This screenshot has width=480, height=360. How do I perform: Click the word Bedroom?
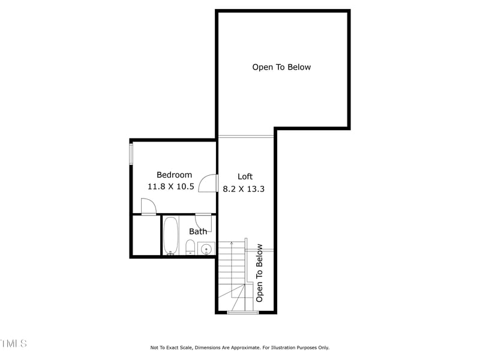coord(174,175)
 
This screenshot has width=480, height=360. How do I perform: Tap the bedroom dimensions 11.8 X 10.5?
coord(171,187)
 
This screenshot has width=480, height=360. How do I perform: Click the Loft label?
coord(245,176)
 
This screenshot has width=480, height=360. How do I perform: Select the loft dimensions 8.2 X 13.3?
coord(244,188)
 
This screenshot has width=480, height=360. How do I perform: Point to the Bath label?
coord(198,232)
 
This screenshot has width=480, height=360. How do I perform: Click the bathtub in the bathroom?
coord(170,235)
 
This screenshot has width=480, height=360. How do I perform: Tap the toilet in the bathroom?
coord(190,247)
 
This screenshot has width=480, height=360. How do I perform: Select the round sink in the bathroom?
coord(206,248)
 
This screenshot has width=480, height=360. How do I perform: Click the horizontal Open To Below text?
coord(281,67)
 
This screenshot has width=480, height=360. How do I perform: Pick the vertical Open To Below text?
coord(260,272)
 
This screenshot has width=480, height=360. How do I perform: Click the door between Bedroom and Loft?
coord(208,182)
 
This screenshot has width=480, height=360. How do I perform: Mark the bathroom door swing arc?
coord(203,219)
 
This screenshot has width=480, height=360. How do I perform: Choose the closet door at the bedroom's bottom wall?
coord(148,207)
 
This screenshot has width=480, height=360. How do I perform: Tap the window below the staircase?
coord(242,312)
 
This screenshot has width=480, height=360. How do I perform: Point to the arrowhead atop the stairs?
coord(232,244)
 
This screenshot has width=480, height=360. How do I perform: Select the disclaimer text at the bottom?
coord(239,347)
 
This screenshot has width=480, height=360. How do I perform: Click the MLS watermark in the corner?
coord(13,344)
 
